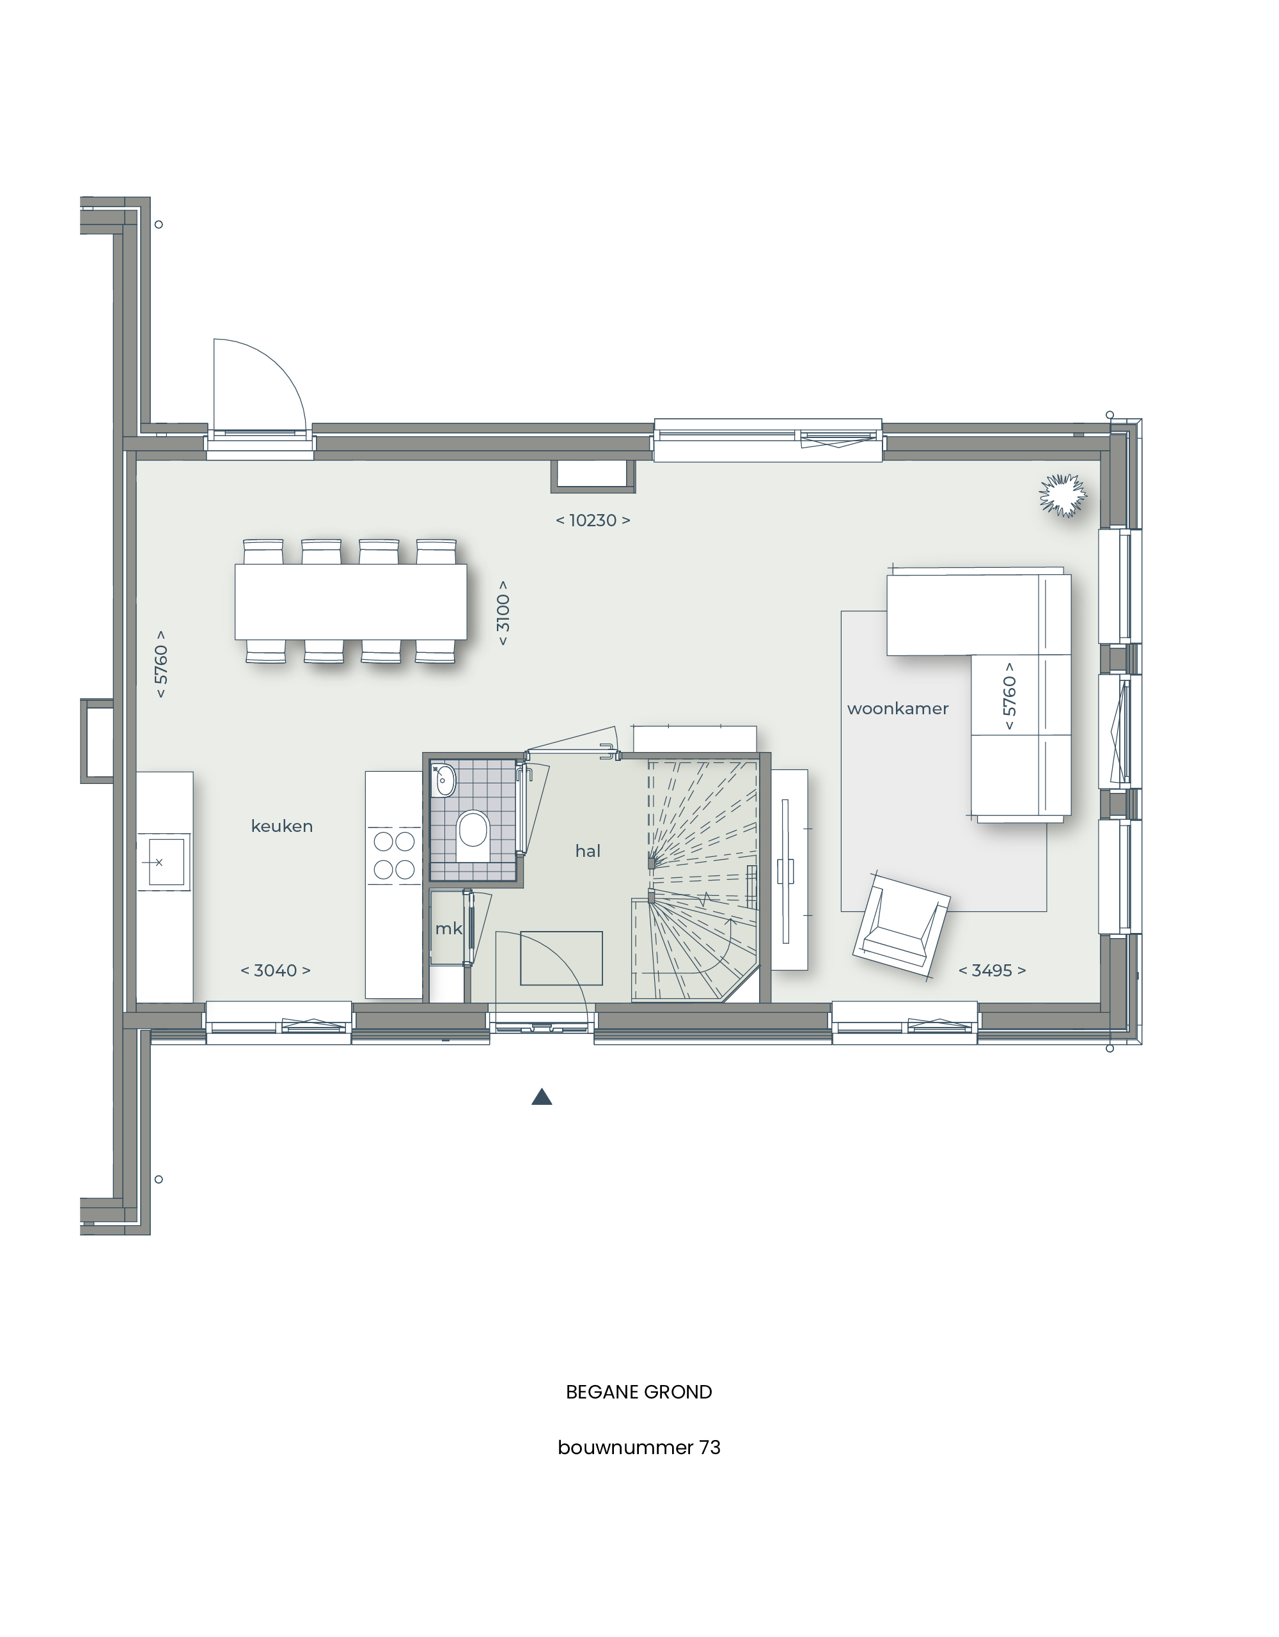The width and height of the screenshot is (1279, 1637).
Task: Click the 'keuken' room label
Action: point(282,826)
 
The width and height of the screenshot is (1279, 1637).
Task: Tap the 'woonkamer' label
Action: point(897,709)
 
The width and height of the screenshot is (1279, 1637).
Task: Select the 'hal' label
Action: point(588,850)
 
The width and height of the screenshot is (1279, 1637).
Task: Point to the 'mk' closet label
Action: point(448,928)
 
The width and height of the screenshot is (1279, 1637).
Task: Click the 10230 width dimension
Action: point(592,520)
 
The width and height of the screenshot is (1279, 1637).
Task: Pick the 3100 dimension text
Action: point(503,613)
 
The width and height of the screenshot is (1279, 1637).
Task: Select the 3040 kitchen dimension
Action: point(275,971)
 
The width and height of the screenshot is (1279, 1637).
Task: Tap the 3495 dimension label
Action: point(992,971)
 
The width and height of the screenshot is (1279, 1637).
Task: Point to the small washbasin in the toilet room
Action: point(444,780)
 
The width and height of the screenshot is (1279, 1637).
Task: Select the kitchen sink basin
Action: point(166,861)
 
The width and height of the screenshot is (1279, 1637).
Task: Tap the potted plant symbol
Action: point(1062,496)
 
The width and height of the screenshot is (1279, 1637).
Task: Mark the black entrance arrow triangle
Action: point(542,1097)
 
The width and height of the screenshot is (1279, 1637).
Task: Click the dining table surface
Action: point(351,602)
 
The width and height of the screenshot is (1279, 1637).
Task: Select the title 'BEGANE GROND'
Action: point(639,1392)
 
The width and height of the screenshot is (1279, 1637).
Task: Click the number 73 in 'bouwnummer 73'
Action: point(709,1447)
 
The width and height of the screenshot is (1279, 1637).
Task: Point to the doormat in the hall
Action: point(561,958)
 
